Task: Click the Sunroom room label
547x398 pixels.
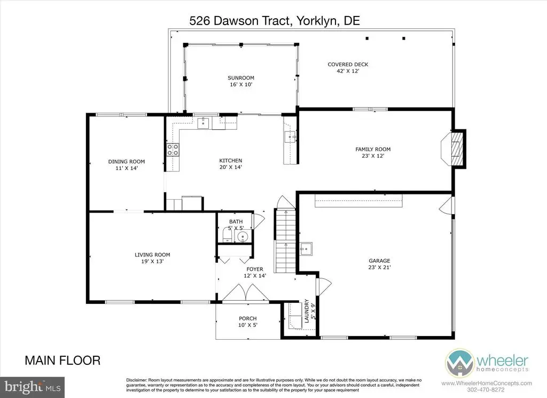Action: click(x=241, y=78)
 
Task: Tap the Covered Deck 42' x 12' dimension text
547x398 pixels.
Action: click(x=348, y=71)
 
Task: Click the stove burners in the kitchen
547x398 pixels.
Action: click(x=173, y=150)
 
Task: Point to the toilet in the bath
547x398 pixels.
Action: click(x=227, y=235)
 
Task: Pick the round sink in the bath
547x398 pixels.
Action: click(x=243, y=237)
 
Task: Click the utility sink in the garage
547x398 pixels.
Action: click(x=306, y=249)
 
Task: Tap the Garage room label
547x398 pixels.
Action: click(x=379, y=261)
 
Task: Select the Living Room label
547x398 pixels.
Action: click(x=152, y=255)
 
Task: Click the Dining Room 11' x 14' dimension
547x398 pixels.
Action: click(x=127, y=168)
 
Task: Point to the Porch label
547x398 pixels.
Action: click(x=248, y=318)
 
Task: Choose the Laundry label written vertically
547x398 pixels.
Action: click(x=307, y=311)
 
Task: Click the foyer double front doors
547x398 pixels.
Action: click(x=246, y=292)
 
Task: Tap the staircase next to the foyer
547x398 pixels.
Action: click(x=286, y=240)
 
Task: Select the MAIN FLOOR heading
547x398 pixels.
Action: click(x=62, y=360)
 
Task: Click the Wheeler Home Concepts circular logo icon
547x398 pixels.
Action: click(x=459, y=363)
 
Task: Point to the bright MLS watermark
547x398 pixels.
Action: click(x=33, y=387)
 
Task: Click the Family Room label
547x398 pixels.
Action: click(x=373, y=149)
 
